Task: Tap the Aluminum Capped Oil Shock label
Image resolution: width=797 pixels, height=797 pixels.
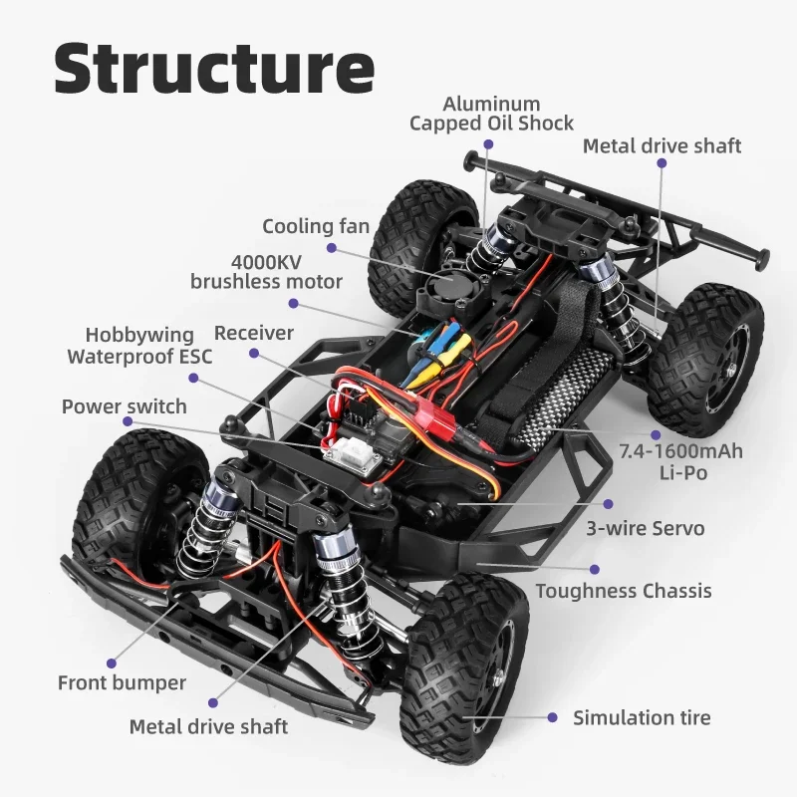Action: [x=491, y=114]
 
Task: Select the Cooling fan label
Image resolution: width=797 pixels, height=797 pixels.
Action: [x=316, y=227]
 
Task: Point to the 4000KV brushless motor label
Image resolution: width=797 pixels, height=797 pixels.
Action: [x=266, y=272]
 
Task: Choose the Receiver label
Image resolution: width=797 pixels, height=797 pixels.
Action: [x=254, y=333]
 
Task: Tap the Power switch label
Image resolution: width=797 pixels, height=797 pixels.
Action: [x=124, y=406]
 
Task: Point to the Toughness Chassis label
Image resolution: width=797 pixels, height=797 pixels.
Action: [x=624, y=591]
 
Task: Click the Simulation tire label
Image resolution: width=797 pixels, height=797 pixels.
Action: [x=642, y=717]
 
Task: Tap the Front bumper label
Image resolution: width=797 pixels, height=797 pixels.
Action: [x=122, y=683]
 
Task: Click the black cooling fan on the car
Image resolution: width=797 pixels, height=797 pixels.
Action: [x=446, y=289]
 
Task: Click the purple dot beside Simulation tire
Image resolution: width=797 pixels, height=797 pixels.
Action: [x=552, y=717]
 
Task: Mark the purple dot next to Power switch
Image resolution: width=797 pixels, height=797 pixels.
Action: [x=128, y=422]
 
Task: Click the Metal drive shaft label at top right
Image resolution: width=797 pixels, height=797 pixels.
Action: [x=662, y=146]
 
